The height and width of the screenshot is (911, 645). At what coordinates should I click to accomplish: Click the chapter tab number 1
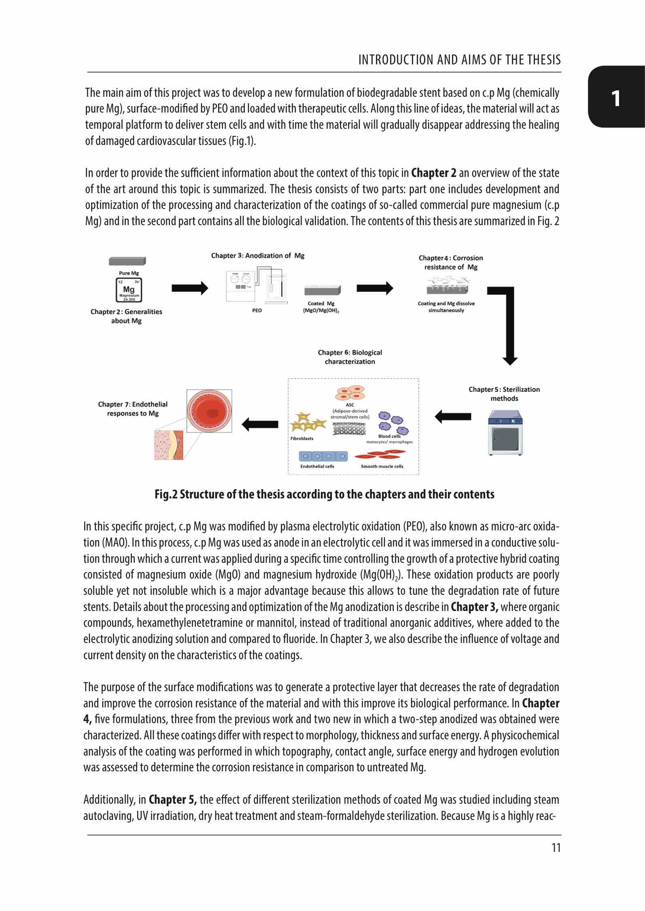tap(616, 98)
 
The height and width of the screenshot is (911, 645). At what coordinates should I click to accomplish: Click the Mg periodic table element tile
tap(129, 290)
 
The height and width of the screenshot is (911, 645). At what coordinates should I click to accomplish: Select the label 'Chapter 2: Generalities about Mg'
tap(126, 316)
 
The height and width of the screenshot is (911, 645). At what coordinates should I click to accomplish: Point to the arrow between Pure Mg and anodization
tap(190, 288)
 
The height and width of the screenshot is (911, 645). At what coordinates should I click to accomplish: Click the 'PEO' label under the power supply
tap(257, 311)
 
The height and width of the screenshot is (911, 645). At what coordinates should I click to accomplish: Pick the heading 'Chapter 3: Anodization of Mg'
tap(258, 255)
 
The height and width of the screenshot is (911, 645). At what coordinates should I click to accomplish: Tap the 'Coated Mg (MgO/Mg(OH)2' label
tap(321, 307)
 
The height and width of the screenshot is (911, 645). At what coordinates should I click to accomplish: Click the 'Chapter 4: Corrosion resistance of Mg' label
tap(451, 262)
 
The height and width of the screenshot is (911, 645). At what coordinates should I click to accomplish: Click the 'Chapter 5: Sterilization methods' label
tap(504, 394)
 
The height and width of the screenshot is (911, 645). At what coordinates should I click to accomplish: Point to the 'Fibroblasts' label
tap(302, 438)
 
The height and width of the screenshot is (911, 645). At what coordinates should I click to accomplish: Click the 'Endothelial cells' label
tap(317, 466)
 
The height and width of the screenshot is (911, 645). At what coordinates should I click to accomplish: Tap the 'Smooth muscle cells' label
tap(382, 466)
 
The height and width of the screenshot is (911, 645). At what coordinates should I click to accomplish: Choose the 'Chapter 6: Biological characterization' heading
tap(350, 357)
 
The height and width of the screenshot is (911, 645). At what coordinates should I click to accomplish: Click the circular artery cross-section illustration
tap(209, 412)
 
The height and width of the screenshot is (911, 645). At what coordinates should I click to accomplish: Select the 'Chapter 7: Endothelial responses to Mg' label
tap(133, 409)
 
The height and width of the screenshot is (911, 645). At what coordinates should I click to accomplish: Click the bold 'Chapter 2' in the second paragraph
tap(434, 173)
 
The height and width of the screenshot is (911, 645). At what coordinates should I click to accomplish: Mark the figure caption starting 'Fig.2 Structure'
tap(325, 494)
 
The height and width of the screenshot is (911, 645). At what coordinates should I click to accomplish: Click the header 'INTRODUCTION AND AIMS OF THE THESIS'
tap(460, 60)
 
